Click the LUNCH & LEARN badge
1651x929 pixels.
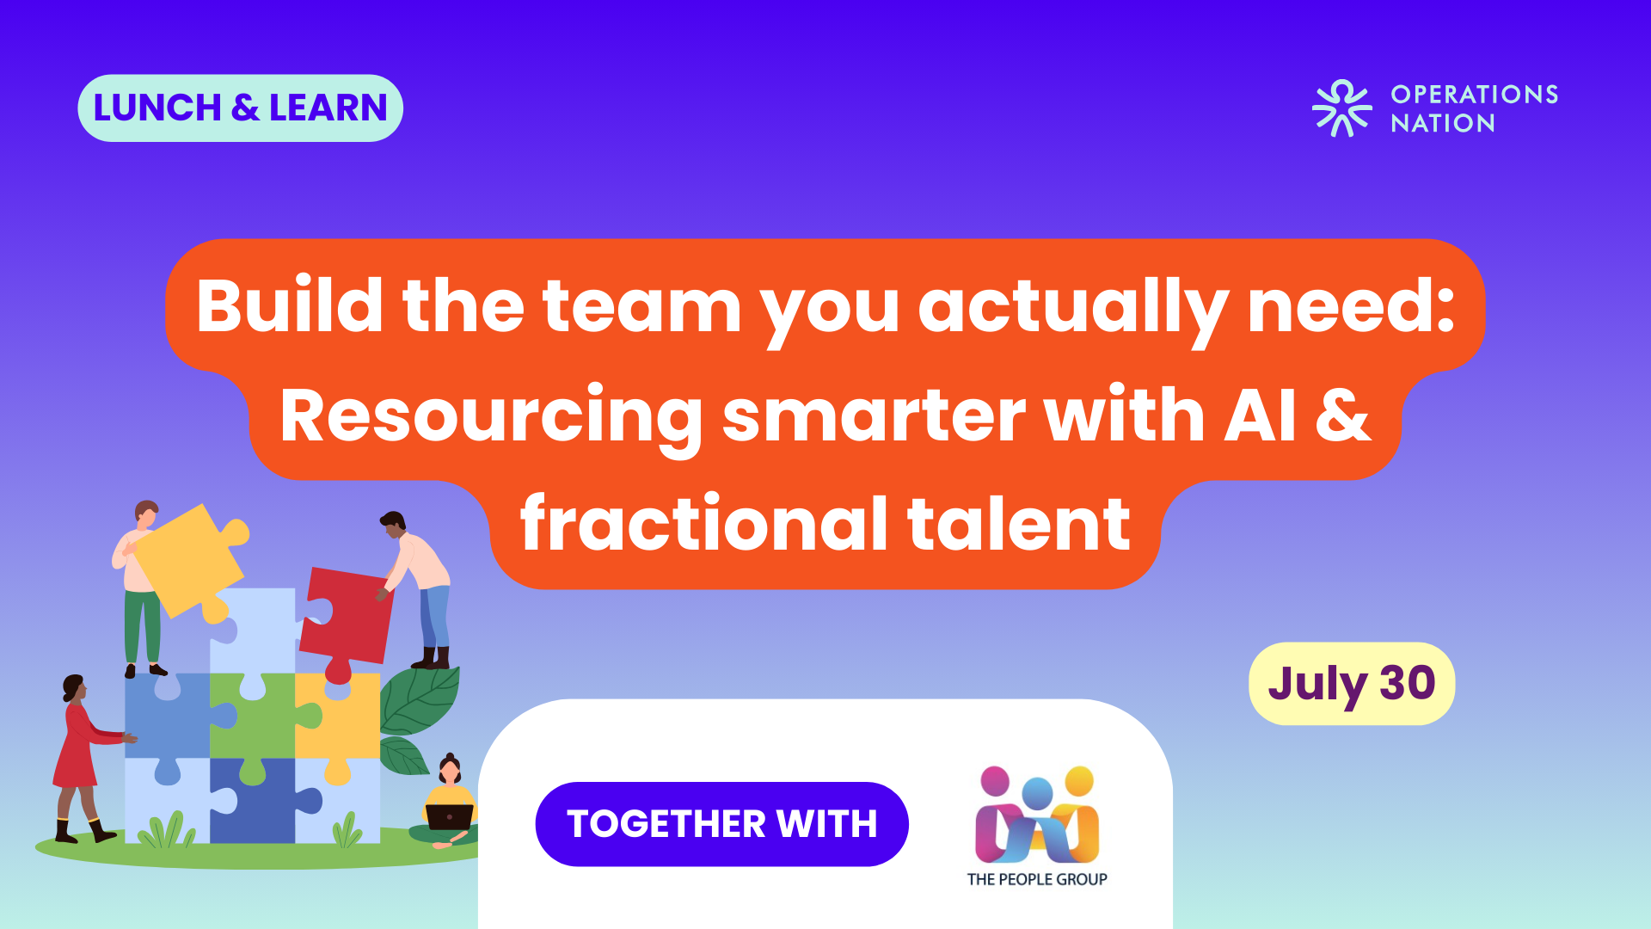coord(240,108)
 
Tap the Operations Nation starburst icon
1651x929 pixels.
coord(1341,108)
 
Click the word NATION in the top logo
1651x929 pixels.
coord(1443,124)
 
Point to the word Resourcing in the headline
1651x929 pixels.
coord(491,418)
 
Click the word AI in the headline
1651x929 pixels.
coord(1260,415)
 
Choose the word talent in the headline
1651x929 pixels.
coord(1019,524)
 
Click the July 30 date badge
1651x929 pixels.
coord(1352,684)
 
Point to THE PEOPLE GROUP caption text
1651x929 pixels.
coord(1037,879)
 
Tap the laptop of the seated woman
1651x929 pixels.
coord(450,816)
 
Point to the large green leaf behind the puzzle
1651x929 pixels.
coord(420,700)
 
